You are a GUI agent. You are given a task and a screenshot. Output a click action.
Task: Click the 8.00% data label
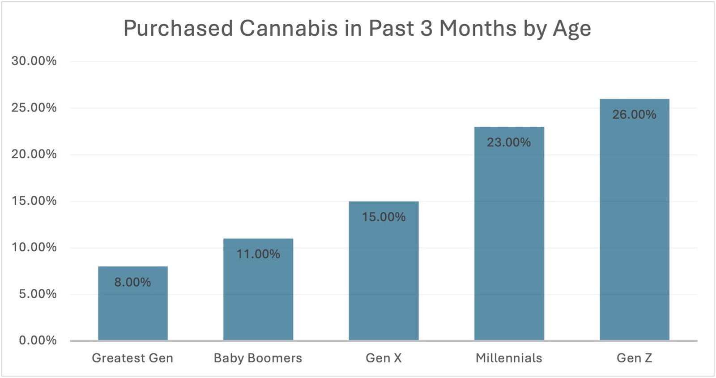pos(132,282)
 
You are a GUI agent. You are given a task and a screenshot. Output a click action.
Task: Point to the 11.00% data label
pos(258,254)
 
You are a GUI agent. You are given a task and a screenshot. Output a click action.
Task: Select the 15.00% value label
pos(384,217)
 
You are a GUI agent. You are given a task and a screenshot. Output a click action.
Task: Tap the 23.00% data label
pos(509,142)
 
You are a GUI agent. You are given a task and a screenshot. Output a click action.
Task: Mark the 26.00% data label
pos(634,115)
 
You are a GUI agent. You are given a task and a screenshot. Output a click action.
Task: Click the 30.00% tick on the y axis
pos(34,61)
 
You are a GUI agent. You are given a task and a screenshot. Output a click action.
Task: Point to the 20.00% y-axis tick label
pos(34,154)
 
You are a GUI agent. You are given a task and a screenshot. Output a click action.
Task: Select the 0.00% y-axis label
pos(38,340)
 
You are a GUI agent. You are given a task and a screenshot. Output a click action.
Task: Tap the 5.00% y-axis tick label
pos(38,294)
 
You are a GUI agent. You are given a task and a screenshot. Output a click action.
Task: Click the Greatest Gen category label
pos(132,358)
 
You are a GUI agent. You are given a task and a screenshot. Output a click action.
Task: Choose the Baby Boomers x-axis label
pos(258,358)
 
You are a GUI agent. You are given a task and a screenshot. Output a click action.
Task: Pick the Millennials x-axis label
pos(509,358)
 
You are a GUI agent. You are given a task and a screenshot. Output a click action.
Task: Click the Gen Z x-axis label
pos(634,358)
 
